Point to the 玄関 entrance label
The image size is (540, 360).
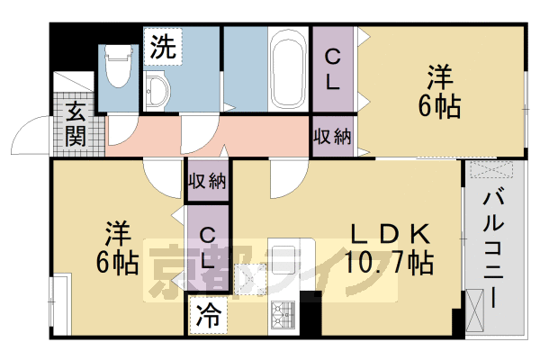coord(75,126)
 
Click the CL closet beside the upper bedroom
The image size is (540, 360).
coord(332,70)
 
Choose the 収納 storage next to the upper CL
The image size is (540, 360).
coord(332,137)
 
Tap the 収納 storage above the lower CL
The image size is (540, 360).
coord(206,180)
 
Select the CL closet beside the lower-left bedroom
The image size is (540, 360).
coord(207,247)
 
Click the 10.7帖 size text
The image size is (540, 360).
coord(389,264)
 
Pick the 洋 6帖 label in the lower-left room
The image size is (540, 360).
coord(118,247)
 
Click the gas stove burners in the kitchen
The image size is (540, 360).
coord(283,314)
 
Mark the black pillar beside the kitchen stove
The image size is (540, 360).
coord(310,315)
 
